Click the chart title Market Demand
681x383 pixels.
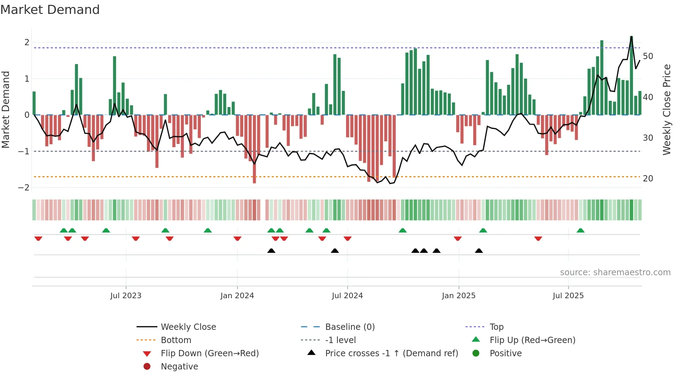coord(50,10)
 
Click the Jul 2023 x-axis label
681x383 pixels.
coord(126,296)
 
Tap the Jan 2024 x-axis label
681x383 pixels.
coord(237,296)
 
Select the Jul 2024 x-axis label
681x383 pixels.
coord(347,296)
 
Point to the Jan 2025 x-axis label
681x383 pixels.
coord(459,296)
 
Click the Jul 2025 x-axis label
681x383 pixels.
coord(568,296)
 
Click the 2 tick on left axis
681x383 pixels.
coord(27,42)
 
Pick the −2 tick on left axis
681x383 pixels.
coord(24,188)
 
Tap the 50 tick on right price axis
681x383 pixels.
coord(648,56)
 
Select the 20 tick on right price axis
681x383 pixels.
coord(648,179)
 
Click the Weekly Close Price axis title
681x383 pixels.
coord(666,109)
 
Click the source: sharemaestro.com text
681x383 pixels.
coord(615,272)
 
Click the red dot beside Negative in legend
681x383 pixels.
coord(147,366)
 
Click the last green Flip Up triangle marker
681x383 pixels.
coord(581,230)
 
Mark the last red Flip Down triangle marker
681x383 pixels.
coord(538,238)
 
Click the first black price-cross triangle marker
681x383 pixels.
coord(271,251)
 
